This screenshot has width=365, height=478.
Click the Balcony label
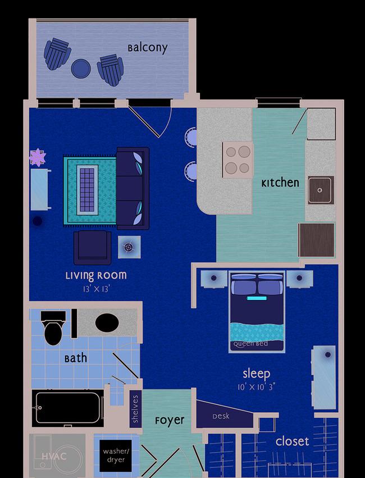click(x=148, y=48)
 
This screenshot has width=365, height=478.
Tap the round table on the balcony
click(x=81, y=69)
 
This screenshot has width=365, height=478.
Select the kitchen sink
click(x=321, y=190)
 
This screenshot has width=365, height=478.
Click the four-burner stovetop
click(x=238, y=160)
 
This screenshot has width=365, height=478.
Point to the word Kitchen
click(x=280, y=183)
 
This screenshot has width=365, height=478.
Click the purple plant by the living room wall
click(x=38, y=157)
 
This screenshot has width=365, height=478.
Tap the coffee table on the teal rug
click(x=88, y=190)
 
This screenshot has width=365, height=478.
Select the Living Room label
click(x=96, y=276)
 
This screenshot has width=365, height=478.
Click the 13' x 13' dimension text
click(x=96, y=288)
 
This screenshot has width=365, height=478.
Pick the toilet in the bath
click(x=53, y=327)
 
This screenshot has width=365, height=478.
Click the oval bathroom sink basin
click(x=107, y=323)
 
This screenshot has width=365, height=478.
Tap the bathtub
click(x=68, y=408)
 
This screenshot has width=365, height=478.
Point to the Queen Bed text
click(x=250, y=344)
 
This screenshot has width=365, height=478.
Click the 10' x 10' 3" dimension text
click(x=257, y=387)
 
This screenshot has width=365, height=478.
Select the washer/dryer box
click(x=116, y=456)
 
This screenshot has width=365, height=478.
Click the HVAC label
click(x=54, y=456)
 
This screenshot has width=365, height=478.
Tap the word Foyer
click(x=170, y=421)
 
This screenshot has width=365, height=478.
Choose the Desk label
click(x=221, y=416)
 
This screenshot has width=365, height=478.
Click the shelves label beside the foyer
click(x=135, y=409)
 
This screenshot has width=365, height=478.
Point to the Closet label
click(x=292, y=441)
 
